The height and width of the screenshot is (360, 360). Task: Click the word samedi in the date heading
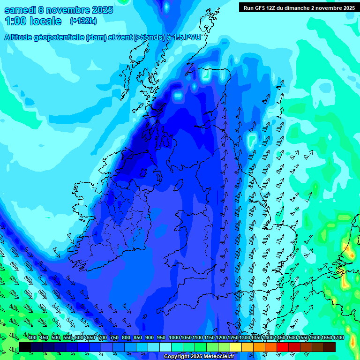pos(21,9)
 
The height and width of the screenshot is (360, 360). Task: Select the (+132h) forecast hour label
pos(83,21)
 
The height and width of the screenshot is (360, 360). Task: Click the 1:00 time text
pos(16,21)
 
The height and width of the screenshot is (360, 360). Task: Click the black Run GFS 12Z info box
pos(299,7)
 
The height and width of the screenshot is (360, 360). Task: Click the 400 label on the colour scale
pos(32,338)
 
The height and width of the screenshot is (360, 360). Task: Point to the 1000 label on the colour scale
pos(174,338)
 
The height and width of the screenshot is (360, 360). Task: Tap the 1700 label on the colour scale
pos(326,338)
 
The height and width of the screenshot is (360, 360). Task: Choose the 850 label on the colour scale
pos(138,338)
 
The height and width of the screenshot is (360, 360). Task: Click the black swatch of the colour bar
pos(25,347)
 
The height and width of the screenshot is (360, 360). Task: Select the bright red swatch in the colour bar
pos(283,347)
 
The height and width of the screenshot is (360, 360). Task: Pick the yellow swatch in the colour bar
pos(236,347)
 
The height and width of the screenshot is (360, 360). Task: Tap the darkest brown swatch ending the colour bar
pos(330,347)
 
